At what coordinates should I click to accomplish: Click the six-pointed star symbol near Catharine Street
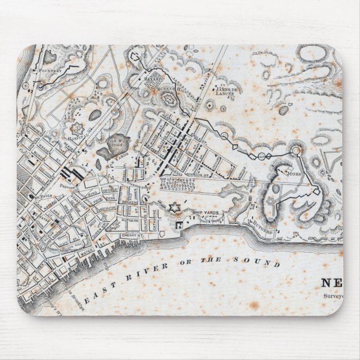coord(174,208)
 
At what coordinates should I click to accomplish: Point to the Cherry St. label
coord(129,236)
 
